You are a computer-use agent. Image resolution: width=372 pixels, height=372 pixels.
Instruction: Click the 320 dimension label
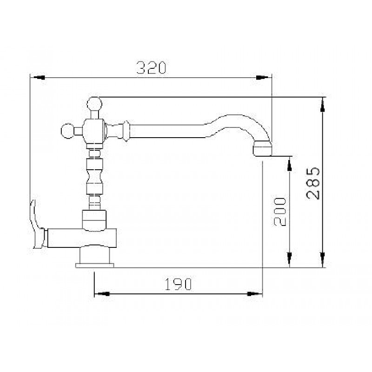pos(152,67)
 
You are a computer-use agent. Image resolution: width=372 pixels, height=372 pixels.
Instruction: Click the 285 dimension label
pos(312,183)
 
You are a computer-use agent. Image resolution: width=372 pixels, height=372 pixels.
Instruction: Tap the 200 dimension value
pos(280,212)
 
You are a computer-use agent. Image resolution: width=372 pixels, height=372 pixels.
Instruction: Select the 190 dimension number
pos(178,284)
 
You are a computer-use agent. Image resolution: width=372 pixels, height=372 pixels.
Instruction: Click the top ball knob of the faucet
pos(94,104)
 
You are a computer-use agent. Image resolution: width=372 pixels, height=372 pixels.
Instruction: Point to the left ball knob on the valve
pos(67,131)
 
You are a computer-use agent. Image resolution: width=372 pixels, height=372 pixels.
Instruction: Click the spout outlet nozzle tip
pos(262,149)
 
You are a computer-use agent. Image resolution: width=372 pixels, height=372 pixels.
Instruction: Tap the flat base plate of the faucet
pos(95,265)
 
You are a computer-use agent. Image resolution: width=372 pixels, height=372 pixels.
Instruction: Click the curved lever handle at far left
pos(36,226)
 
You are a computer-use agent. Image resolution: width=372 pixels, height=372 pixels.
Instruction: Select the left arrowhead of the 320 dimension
pos(39,78)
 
